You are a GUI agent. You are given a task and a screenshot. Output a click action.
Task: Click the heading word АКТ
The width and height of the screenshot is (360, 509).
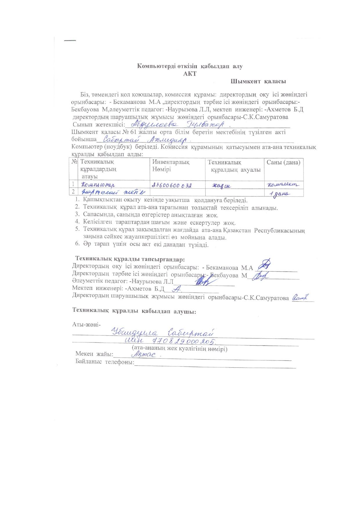point(190,74)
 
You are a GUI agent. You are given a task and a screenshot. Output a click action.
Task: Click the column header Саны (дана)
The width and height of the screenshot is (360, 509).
point(283,163)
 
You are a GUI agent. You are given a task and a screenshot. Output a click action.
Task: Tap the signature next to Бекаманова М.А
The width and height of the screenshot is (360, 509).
point(265,265)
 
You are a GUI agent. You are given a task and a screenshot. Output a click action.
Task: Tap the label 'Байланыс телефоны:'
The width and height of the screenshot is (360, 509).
point(105,362)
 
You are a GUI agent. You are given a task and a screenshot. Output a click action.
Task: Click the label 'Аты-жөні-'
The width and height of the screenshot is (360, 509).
point(86,324)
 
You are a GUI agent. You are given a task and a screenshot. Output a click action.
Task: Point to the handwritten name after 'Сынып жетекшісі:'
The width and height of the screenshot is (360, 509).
point(177,125)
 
